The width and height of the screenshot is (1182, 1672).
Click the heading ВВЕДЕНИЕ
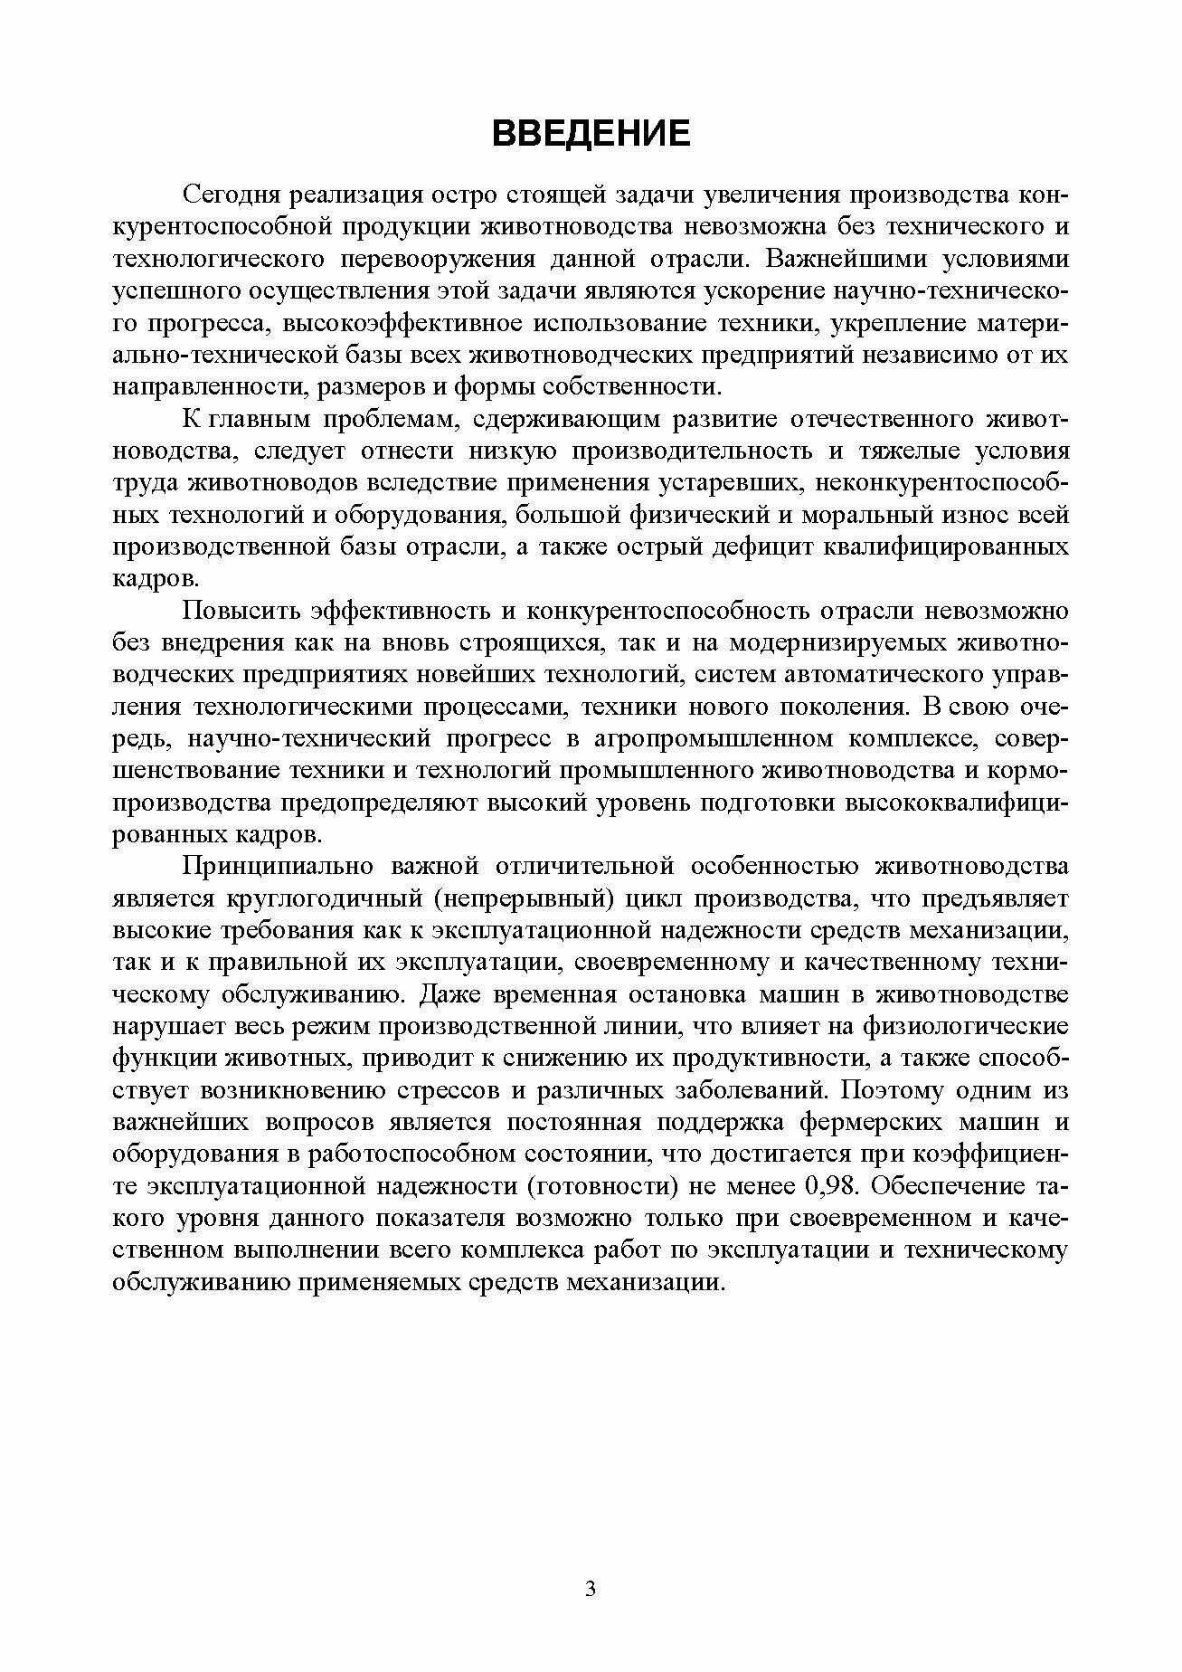coord(591,133)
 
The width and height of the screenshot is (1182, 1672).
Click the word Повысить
coord(239,612)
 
